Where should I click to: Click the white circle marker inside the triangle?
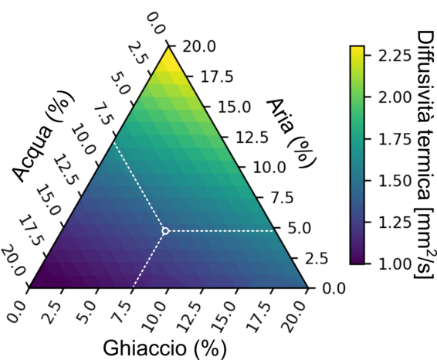pyautogui.click(x=164, y=230)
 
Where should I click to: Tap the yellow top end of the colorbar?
pyautogui.click(x=356, y=49)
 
